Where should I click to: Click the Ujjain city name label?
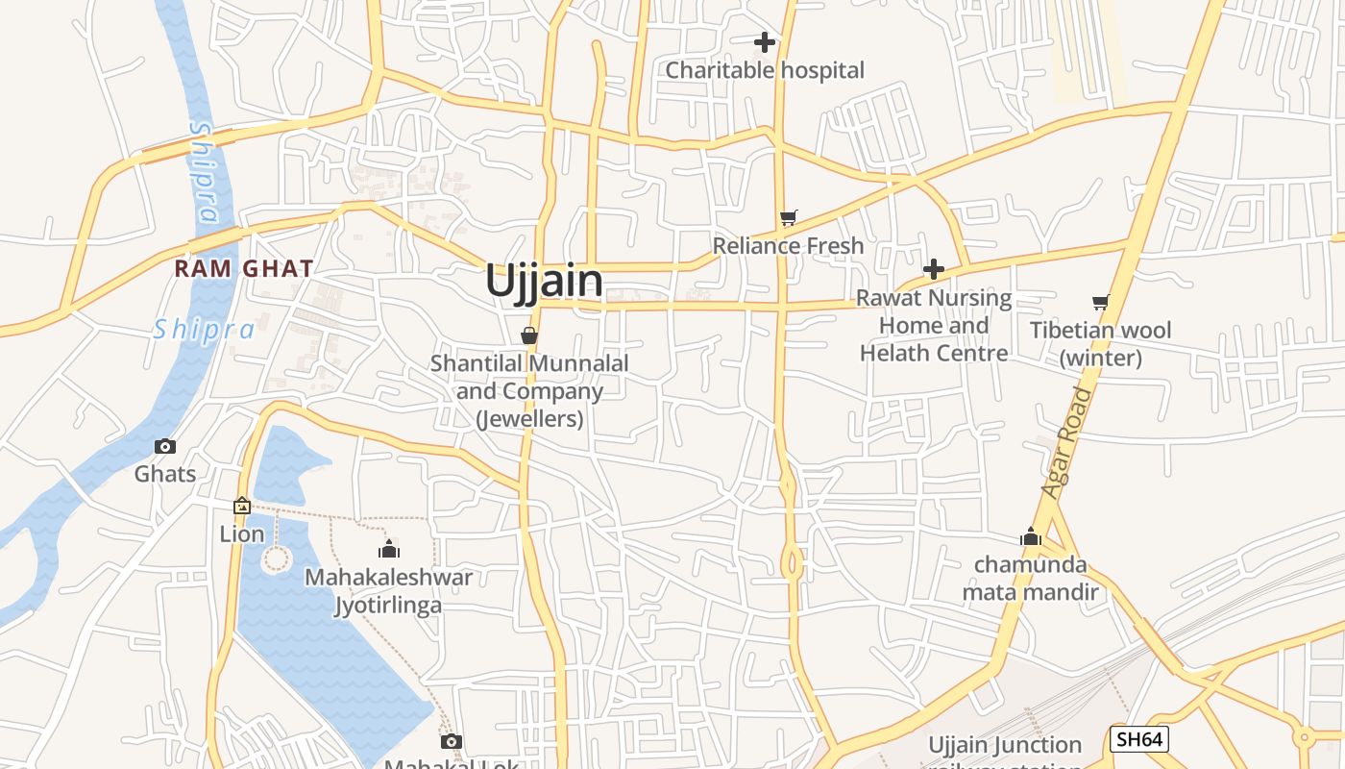coord(544,282)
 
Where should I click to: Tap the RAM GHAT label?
coord(244,269)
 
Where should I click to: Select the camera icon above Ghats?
coord(165,447)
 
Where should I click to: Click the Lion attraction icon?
coord(242,506)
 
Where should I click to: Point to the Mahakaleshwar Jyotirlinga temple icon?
coord(389,549)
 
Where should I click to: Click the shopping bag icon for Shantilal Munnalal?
coord(528,335)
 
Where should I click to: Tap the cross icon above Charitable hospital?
coord(765,42)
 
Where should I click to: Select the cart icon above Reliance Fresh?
coord(789,218)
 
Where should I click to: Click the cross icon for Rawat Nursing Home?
coord(933,269)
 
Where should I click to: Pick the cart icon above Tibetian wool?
coord(1101,303)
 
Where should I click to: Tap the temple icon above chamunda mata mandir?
coord(1031,536)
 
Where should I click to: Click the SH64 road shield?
coord(1138,739)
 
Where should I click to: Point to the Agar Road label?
coord(1068,443)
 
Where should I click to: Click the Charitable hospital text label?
coord(765,70)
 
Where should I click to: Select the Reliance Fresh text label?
coord(788,246)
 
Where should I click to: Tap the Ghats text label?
coord(165,474)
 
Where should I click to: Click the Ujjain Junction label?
coord(1005,745)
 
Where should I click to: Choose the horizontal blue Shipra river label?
coord(205,330)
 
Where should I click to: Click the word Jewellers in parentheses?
coord(529,419)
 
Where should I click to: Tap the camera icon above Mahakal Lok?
coord(452,741)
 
